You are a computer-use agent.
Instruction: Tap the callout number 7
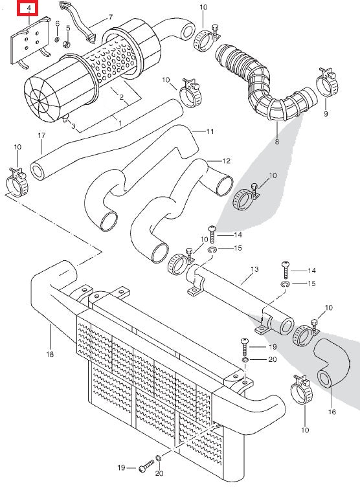coord(109,16)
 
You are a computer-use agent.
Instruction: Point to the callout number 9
coord(326,113)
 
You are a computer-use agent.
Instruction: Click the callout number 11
coord(210,131)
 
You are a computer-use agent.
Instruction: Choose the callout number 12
coord(227,160)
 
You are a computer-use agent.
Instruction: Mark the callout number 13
coord(254,269)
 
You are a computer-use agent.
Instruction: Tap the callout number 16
coord(332,411)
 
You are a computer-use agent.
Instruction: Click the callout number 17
coord(41,135)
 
